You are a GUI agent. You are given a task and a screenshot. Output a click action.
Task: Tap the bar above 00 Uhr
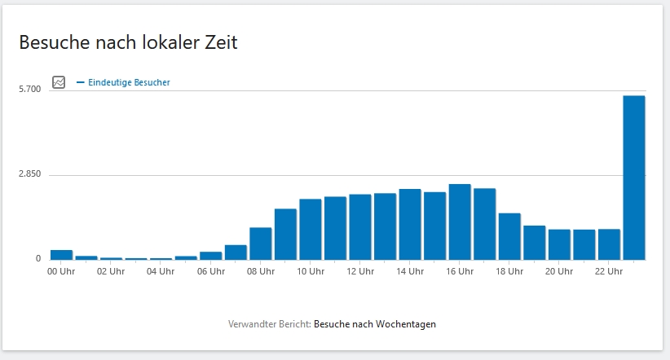[x=61, y=254]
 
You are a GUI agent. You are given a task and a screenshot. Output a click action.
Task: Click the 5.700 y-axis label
[x=29, y=89]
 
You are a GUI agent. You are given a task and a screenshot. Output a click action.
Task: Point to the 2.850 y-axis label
[x=29, y=174]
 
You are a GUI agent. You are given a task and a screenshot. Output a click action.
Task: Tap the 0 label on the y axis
[x=37, y=258]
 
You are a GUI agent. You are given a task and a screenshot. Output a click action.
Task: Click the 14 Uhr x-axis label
[x=410, y=271]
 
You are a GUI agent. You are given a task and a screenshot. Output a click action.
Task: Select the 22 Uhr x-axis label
[x=609, y=271]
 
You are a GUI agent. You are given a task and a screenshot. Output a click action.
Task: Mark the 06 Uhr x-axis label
[x=211, y=271]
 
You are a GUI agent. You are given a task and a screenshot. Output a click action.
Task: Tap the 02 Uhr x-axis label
[x=112, y=271]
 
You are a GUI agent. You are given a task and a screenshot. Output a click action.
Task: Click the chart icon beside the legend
[x=59, y=82]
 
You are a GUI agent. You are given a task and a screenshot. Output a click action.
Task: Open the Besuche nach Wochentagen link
[x=374, y=324]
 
